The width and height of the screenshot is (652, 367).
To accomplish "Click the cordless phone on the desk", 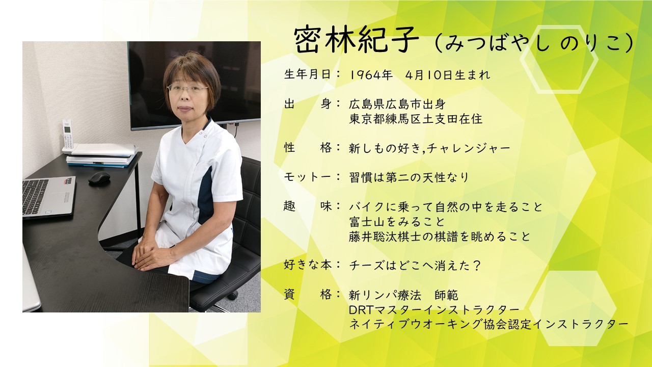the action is click(68, 136).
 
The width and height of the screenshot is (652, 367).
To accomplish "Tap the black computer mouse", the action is click(99, 178).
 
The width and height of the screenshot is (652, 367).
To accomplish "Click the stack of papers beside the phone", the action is click(102, 155).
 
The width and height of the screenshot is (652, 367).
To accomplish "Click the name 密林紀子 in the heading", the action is click(356, 41).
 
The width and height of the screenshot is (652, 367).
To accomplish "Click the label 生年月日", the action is click(307, 74).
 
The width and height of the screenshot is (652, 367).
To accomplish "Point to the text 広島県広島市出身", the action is click(397, 104).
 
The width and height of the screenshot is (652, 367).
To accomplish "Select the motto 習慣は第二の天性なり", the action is click(409, 177).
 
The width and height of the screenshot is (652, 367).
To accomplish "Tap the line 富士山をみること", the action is click(397, 222).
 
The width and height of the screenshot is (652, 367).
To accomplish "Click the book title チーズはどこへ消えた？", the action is click(415, 266).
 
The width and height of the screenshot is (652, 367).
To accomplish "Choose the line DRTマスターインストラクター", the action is click(434, 310).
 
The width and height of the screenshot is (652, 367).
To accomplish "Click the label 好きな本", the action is click(307, 265).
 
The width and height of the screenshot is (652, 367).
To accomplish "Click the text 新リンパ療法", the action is click(385, 295).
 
